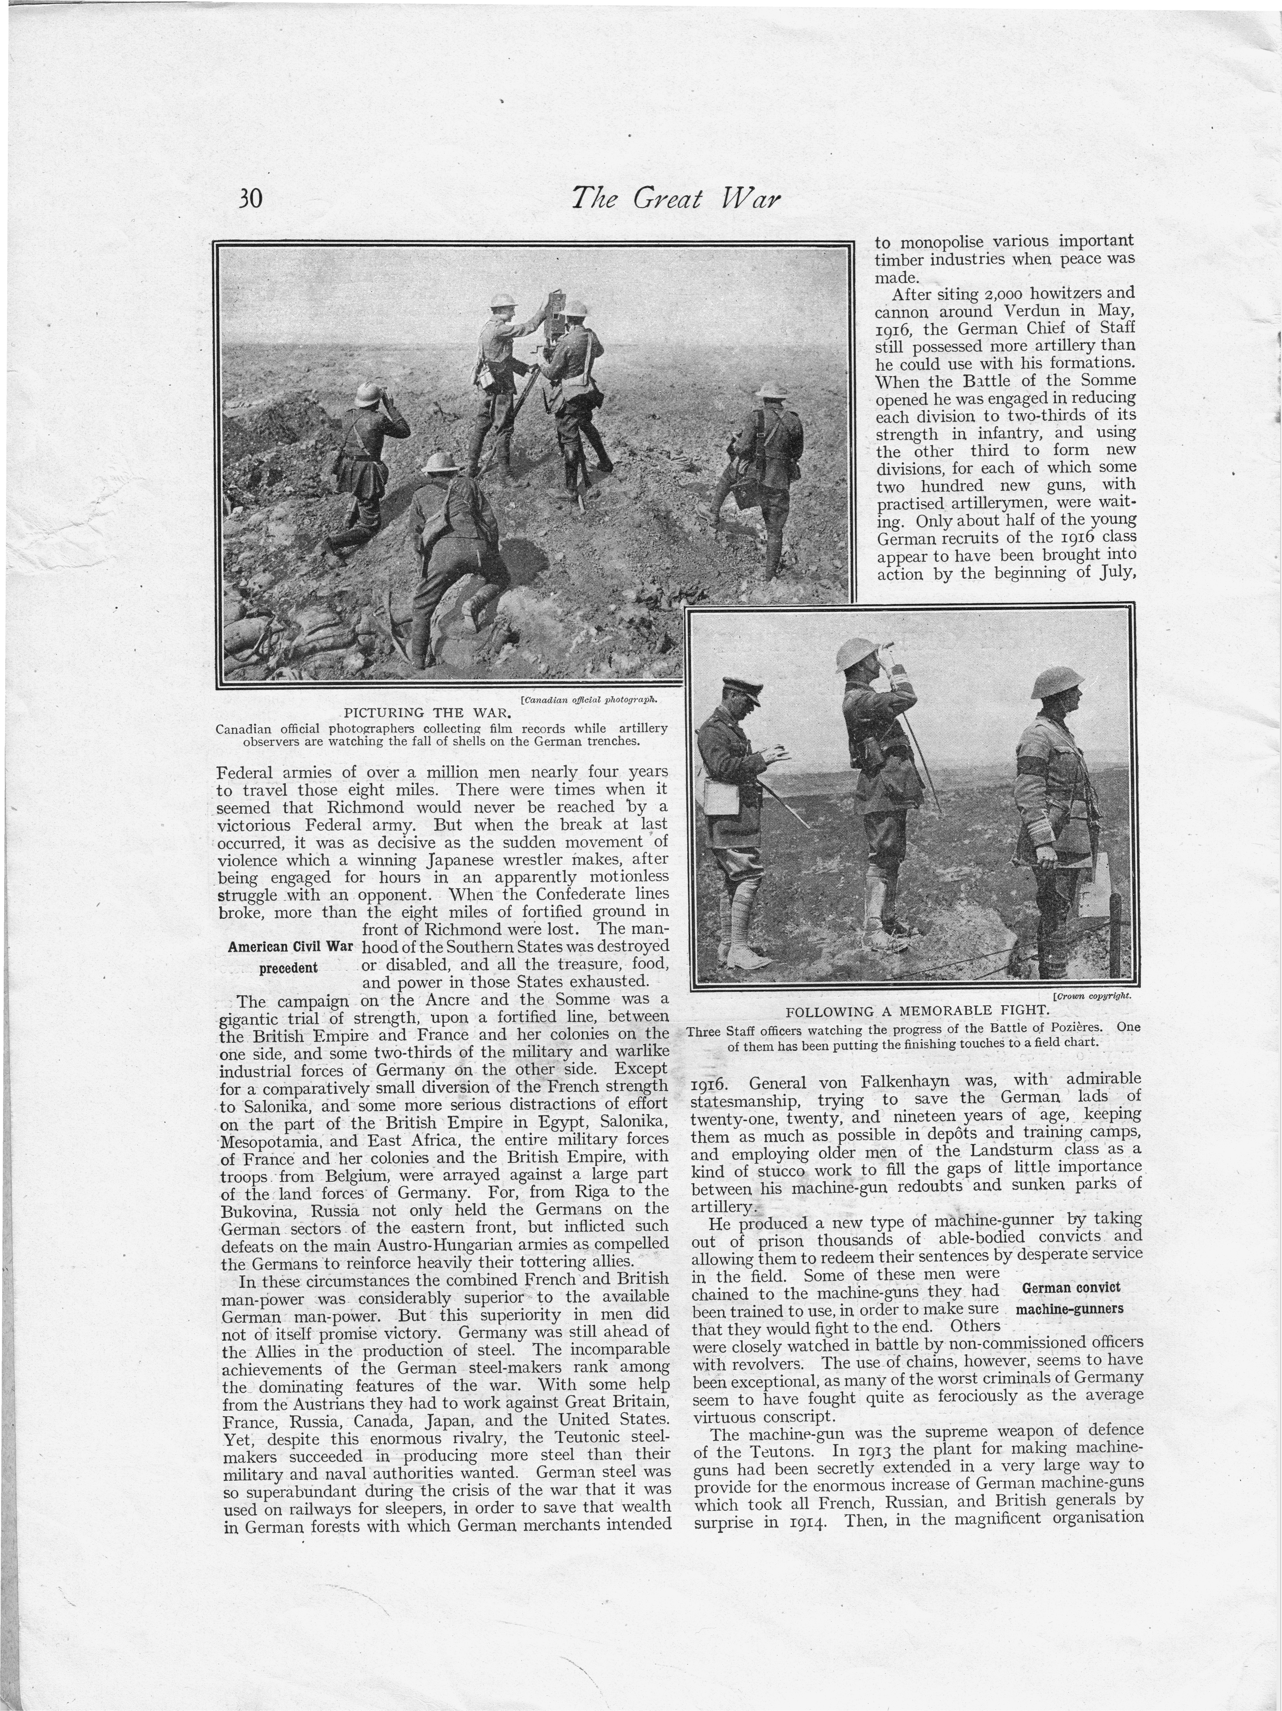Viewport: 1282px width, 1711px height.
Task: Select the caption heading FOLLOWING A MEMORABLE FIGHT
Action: click(x=918, y=1011)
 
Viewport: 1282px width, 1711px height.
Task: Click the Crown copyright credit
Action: click(x=1092, y=996)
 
